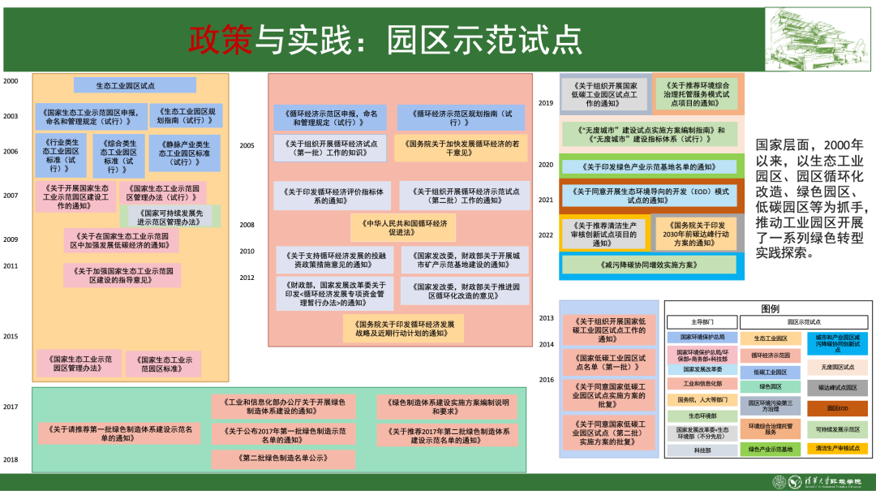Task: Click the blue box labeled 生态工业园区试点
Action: (123, 84)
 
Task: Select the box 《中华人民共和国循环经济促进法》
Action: (403, 226)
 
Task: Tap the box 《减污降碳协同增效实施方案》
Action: (648, 265)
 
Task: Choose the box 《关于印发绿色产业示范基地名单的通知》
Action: (649, 166)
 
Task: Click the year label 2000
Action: (11, 81)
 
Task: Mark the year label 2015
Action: (11, 336)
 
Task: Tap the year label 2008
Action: (247, 225)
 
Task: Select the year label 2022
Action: (545, 235)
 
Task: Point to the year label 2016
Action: (547, 379)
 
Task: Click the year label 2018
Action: (11, 459)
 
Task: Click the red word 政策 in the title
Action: (221, 37)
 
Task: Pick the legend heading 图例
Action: (770, 308)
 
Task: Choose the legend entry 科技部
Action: (702, 450)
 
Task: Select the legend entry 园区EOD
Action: (838, 408)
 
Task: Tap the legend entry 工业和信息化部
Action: (702, 384)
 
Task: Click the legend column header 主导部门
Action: (702, 321)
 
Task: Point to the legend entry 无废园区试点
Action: (838, 367)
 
